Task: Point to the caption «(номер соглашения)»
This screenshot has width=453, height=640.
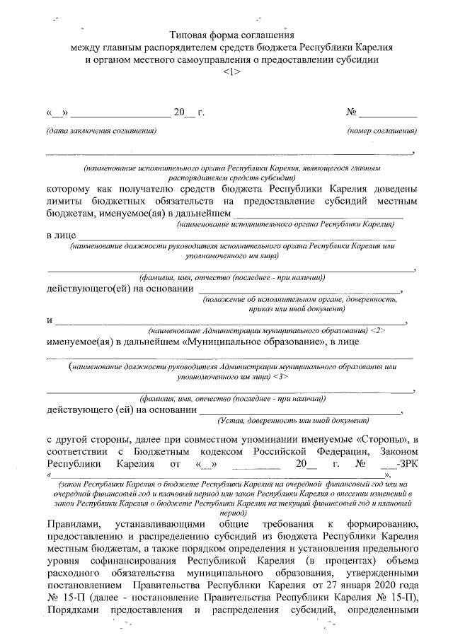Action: point(382,131)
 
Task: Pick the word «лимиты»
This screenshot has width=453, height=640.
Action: point(63,201)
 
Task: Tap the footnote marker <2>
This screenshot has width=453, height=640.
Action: point(377,330)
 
